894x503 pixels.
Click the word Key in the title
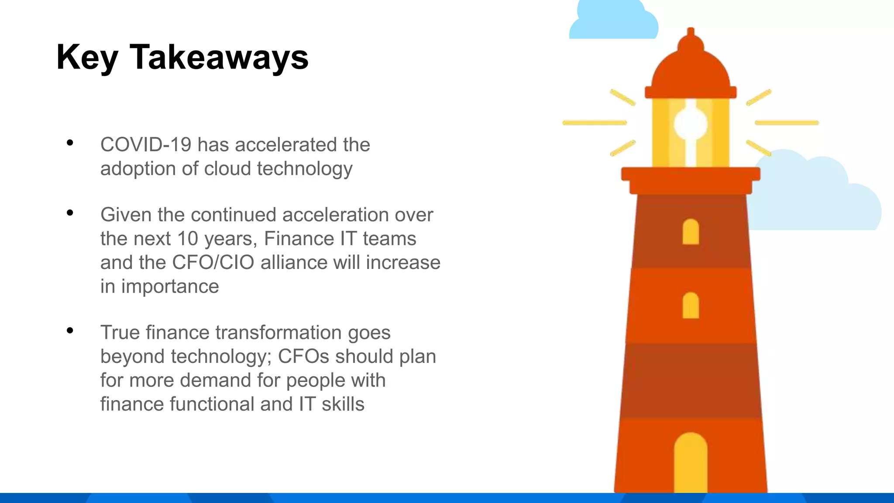[x=87, y=58]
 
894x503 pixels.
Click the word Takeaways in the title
[x=219, y=58]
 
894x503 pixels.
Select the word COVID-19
[x=146, y=145]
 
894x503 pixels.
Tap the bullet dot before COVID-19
[x=70, y=143]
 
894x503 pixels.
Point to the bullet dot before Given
[x=70, y=213]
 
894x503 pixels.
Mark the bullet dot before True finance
[x=70, y=331]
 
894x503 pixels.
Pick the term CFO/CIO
[x=213, y=262]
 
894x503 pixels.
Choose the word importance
[x=170, y=286]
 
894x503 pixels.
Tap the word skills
[x=343, y=404]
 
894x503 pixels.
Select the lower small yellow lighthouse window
[x=691, y=306]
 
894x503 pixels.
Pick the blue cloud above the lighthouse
[x=613, y=22]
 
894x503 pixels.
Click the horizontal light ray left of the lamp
[x=595, y=123]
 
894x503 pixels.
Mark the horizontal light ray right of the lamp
[x=787, y=123]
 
